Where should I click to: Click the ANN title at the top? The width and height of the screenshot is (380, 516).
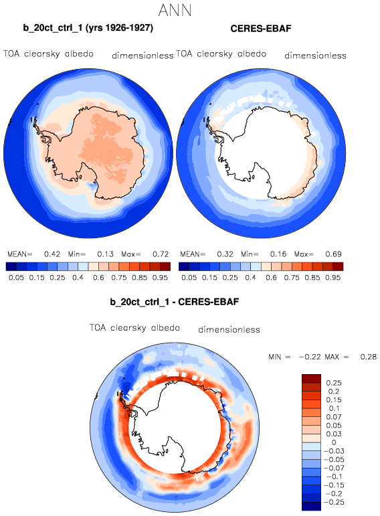[x=175, y=10]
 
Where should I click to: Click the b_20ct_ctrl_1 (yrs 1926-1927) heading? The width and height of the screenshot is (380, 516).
[x=88, y=27]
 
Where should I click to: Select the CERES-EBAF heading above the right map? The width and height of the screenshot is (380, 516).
[x=261, y=29]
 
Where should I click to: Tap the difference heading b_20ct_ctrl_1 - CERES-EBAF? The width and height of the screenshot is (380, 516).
[x=175, y=302]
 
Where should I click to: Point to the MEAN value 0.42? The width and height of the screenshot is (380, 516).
[x=52, y=254]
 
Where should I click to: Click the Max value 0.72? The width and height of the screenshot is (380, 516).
[x=161, y=254]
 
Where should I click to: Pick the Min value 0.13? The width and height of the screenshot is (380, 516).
[x=105, y=254]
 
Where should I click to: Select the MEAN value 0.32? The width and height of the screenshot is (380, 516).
[x=225, y=254]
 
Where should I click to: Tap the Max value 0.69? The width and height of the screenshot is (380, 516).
[x=333, y=254]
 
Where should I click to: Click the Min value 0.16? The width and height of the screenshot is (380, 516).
[x=278, y=254]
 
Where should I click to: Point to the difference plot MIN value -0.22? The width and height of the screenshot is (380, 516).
[x=309, y=357]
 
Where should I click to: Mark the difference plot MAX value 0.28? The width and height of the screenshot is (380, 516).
[x=368, y=357]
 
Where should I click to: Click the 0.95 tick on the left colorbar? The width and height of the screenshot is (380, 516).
[x=160, y=278]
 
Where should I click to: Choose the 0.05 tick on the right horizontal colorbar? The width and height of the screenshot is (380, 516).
[x=189, y=278]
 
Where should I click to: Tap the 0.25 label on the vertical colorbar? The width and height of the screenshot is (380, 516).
[x=334, y=383]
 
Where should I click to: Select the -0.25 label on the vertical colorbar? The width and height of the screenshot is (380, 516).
[x=334, y=502]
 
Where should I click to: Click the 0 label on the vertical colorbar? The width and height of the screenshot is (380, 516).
[x=334, y=442]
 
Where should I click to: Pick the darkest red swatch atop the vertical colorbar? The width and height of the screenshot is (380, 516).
[x=311, y=379]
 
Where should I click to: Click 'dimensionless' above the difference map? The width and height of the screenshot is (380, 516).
[x=229, y=329]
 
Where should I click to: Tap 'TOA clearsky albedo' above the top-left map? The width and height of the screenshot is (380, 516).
[x=48, y=54]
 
